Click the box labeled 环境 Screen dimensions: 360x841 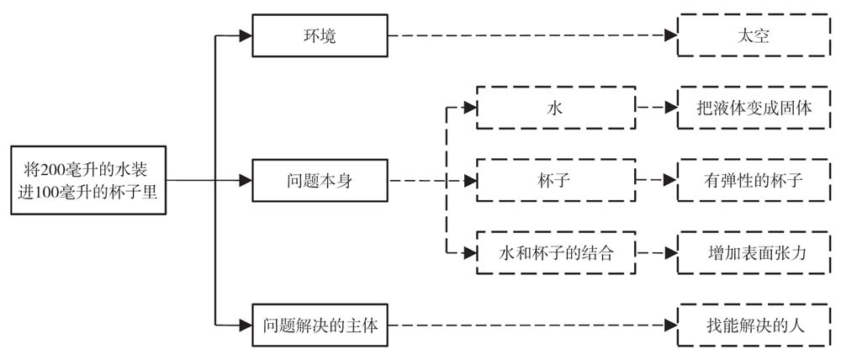click(320, 36)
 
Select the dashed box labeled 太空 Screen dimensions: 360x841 click(746, 36)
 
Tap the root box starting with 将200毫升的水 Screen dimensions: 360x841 click(88, 180)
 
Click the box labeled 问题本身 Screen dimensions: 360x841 click(320, 180)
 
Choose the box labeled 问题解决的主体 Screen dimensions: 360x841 click(320, 325)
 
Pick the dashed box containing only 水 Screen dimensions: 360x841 click(556, 109)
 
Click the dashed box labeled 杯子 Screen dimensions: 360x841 click(556, 180)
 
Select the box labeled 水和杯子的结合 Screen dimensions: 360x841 click(556, 251)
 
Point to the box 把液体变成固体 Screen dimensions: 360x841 click(746, 109)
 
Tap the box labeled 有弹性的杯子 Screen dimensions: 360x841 click(746, 180)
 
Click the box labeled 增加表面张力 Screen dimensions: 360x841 click(746, 251)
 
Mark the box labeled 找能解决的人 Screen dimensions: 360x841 click(746, 325)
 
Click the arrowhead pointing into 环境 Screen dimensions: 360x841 click(245, 36)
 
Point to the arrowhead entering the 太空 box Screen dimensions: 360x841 click(670, 36)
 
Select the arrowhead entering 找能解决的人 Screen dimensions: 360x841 click(670, 325)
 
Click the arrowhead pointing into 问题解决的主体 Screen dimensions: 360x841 click(245, 325)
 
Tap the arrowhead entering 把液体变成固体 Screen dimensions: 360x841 click(670, 109)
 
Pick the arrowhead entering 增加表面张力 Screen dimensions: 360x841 click(670, 251)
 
